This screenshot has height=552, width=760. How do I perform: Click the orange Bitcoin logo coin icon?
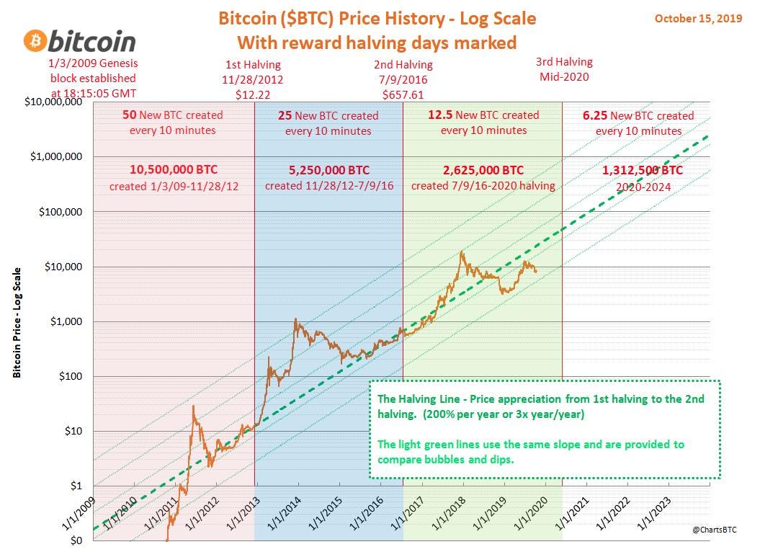[34, 41]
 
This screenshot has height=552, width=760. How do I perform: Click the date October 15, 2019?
[697, 18]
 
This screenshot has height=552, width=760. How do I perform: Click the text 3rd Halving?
[564, 61]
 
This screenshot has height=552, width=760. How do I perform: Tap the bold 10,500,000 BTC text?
[174, 170]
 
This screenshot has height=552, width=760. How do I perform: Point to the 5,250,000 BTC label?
[328, 170]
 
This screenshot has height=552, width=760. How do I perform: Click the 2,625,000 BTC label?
[483, 170]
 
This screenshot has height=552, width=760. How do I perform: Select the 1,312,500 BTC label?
[643, 170]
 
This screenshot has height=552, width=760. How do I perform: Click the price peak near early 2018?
[460, 251]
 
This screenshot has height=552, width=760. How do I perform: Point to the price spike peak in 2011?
[193, 406]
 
